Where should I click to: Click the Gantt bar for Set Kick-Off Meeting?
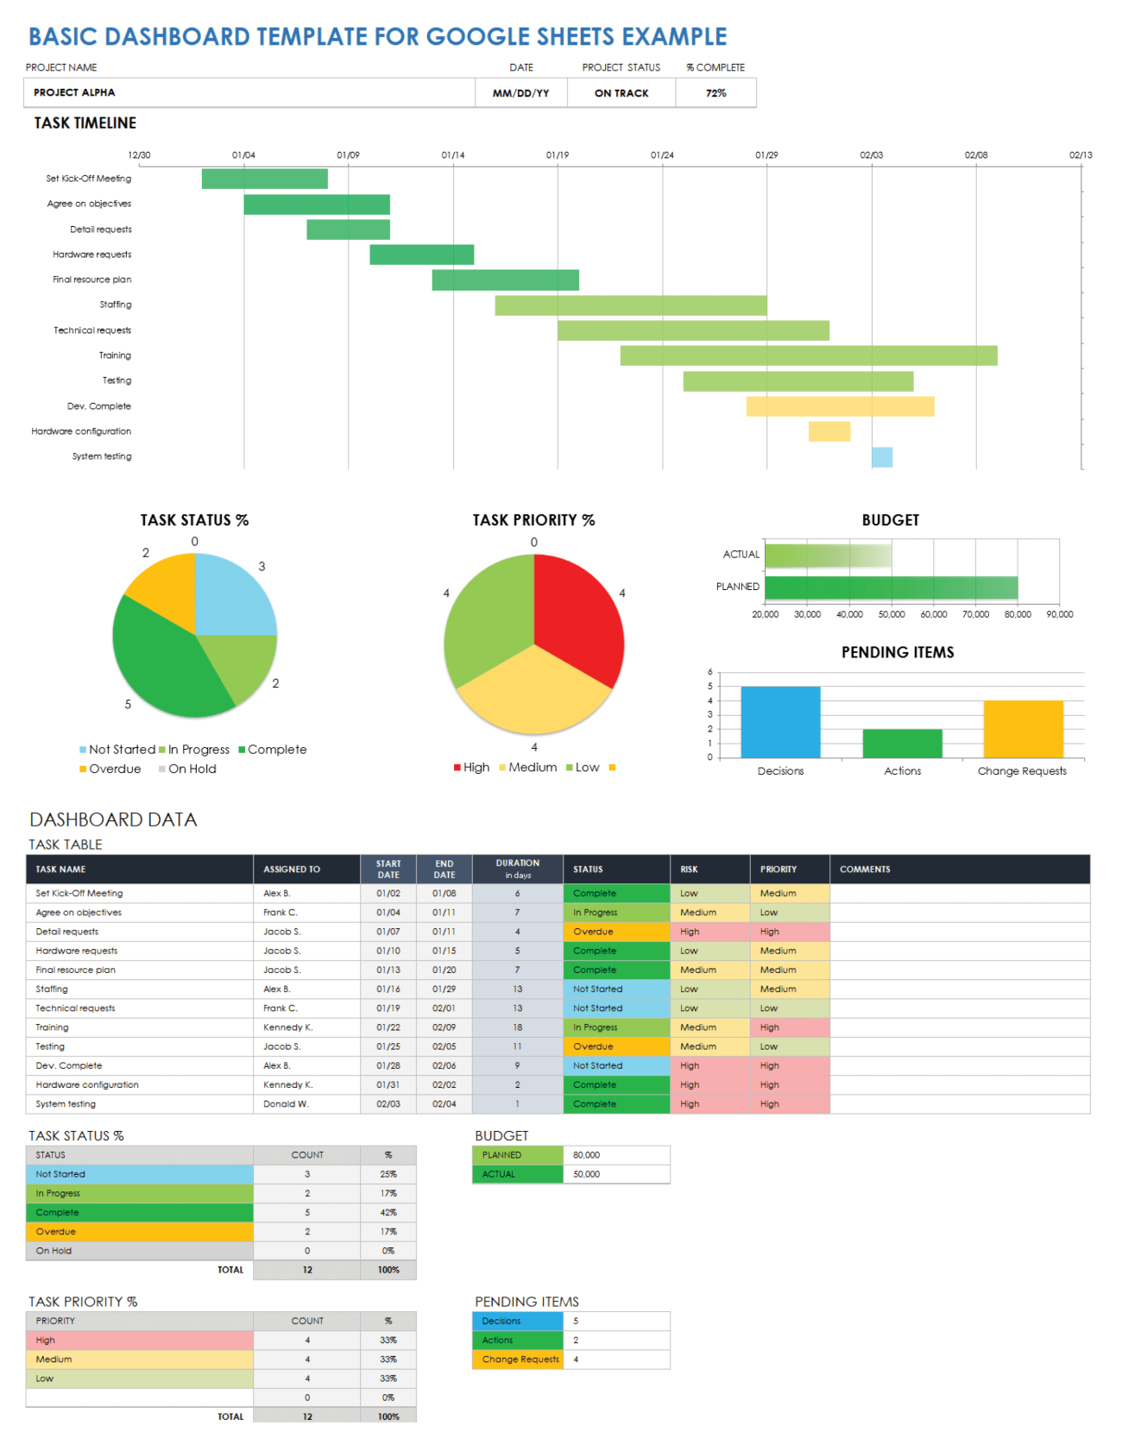[264, 179]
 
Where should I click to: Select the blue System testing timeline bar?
[881, 457]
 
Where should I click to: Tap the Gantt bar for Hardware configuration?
[829, 431]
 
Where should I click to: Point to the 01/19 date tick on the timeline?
[558, 155]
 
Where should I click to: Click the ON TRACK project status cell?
[621, 93]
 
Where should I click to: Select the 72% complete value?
[715, 93]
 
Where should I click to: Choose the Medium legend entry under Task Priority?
[532, 768]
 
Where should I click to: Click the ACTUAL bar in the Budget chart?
[828, 556]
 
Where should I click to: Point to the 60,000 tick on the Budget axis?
[933, 615]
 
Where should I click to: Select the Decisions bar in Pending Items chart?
[780, 722]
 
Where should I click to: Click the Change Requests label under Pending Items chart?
[1022, 771]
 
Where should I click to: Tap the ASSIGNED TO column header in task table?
[292, 870]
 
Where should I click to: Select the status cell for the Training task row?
[615, 1027]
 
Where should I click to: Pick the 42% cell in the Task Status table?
[388, 1213]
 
